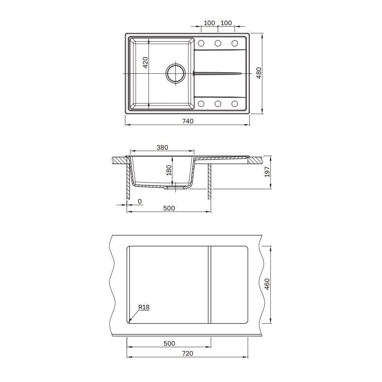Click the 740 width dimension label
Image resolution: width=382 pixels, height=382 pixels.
(188, 121)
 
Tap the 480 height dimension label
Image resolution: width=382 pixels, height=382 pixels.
(259, 73)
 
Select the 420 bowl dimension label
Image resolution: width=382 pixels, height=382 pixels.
(145, 62)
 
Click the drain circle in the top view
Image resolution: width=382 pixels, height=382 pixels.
(176, 73)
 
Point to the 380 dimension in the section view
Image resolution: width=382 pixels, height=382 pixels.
(162, 147)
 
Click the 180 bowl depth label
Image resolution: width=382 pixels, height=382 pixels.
(168, 170)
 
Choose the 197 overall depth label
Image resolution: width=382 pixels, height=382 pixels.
(267, 172)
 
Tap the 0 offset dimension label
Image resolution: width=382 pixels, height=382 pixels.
(139, 201)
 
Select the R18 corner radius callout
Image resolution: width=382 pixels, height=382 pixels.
(144, 308)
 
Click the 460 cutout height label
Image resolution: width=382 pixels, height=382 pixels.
(267, 284)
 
